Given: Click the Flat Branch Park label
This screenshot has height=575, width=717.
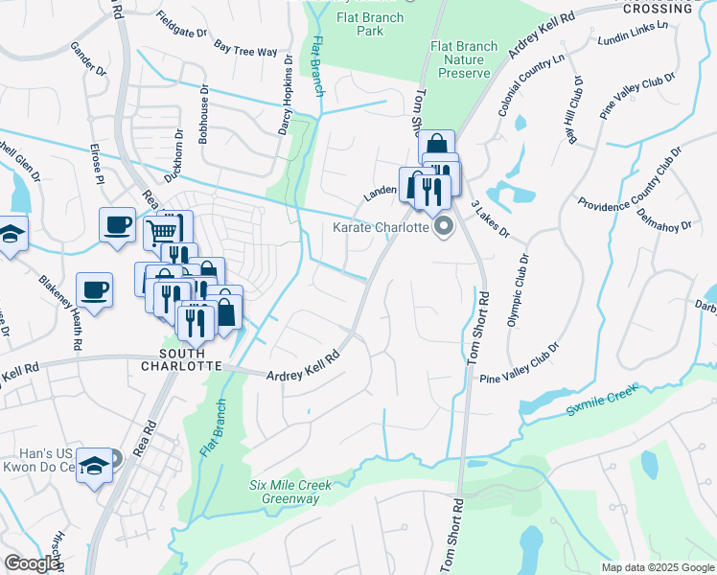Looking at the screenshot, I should pos(372,24).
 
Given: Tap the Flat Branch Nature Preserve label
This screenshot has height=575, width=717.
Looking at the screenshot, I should pos(464,59).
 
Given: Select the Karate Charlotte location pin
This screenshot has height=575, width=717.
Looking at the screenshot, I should pos(444,227).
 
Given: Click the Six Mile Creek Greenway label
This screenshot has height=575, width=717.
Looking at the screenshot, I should pos(290,492).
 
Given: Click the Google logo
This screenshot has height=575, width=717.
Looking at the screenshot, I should pos(32,563).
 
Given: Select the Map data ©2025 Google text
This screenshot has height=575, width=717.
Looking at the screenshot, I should pos(657,567).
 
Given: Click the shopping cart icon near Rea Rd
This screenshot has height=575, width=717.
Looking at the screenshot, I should pos(163,230).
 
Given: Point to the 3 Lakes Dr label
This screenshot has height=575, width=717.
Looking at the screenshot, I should pos(490,218).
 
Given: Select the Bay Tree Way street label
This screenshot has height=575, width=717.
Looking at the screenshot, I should pos(245,48).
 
